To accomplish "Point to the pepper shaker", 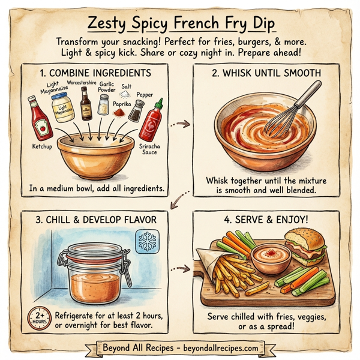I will tap(137, 109).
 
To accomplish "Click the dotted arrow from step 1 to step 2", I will tap(179, 125).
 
